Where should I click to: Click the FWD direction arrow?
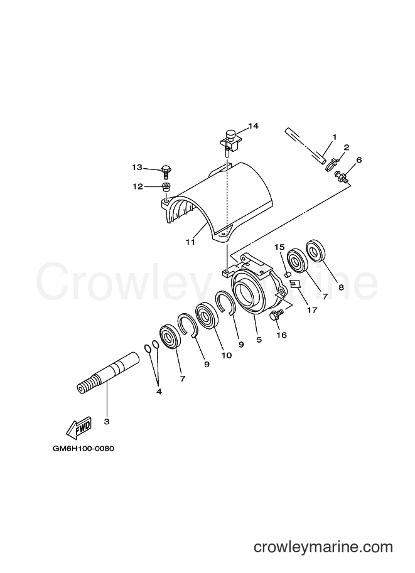pos(78,428)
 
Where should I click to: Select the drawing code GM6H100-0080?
pos(83,448)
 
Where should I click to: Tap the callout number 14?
pos(253,126)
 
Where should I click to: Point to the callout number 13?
pos(137,168)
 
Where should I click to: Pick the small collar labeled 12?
pos(166,187)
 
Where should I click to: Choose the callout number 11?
pos(190,242)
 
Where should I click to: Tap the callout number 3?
pos(106,422)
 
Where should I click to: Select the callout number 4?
pos(158,392)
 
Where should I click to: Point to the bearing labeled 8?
pos(315,250)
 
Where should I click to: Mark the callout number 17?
pos(312,310)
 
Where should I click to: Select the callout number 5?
pos(259,340)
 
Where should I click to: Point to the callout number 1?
pos(334,137)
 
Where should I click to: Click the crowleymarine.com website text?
pos(323,547)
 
